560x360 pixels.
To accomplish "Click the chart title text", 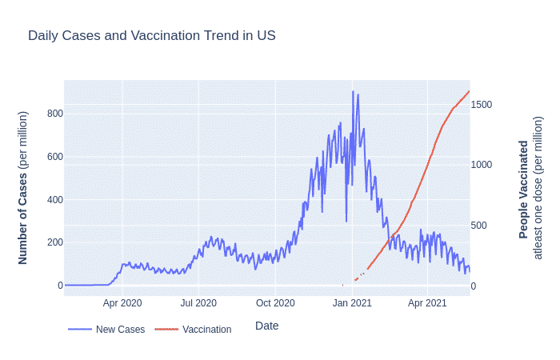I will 151,36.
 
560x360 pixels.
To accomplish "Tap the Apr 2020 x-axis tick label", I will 122,303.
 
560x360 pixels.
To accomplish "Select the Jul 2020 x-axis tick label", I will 198,303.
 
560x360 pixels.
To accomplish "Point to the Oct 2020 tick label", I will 275,303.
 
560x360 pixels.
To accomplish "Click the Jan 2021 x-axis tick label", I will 352,303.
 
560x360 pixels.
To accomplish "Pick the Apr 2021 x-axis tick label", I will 427,303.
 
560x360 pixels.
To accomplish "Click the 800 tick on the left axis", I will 54,113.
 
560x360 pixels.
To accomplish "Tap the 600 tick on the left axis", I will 54,156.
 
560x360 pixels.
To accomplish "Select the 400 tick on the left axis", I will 54,199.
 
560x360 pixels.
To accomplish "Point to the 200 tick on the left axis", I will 54,242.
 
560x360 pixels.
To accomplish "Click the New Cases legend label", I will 120,330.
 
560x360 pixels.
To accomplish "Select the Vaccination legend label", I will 206,330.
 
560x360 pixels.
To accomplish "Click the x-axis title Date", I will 266,326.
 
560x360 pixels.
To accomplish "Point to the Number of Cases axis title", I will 23,188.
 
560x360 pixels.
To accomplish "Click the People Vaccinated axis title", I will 524,189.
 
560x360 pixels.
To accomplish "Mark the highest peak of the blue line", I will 353,92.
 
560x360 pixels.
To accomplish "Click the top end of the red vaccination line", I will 469,91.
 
